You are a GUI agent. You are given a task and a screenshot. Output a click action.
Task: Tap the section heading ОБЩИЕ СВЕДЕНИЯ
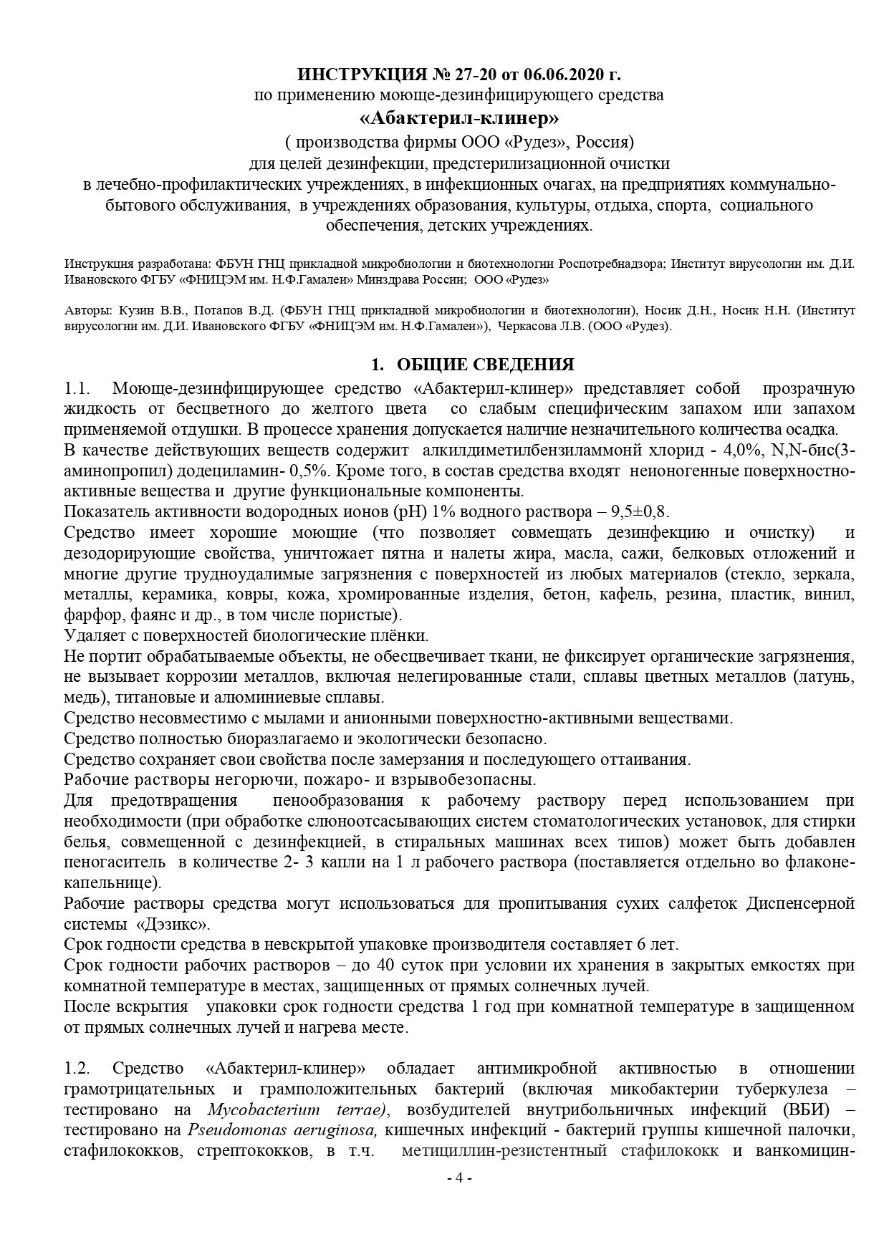[485, 365]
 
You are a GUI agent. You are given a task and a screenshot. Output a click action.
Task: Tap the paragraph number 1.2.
[77, 1068]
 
